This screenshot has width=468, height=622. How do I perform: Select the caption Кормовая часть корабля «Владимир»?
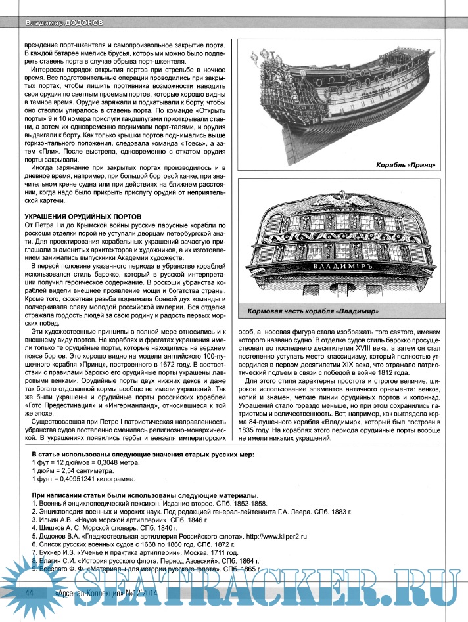tap(316, 310)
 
